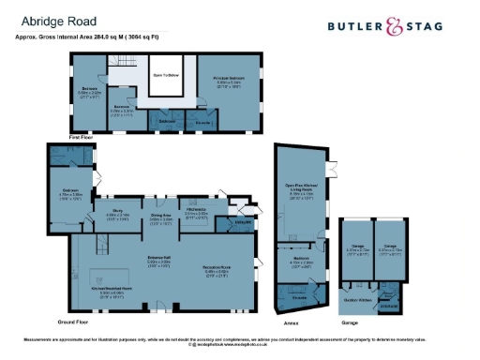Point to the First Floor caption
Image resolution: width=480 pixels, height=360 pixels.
point(86,137)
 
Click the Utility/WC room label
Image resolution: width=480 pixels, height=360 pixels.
point(240,221)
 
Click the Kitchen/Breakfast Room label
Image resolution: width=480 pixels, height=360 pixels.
point(111,290)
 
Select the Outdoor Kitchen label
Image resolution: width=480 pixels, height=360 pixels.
point(359,299)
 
